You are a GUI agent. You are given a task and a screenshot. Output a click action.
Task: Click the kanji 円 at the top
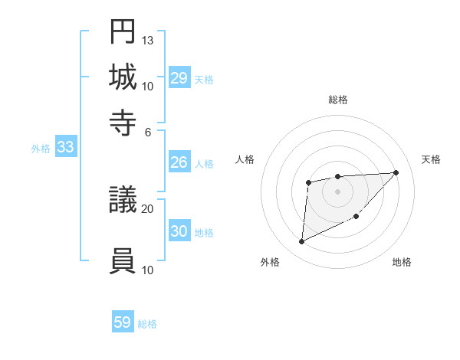point(123,31)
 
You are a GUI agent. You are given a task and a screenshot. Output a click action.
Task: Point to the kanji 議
point(123,201)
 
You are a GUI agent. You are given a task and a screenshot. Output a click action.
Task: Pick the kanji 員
point(123,260)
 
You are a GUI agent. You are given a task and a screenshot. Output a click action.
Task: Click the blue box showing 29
point(179,78)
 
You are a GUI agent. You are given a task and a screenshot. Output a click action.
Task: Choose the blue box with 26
point(179,162)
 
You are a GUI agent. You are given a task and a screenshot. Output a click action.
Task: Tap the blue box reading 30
point(179,231)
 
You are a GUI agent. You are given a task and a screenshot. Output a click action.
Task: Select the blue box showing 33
point(65,148)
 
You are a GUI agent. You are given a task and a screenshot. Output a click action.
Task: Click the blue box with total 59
point(123,322)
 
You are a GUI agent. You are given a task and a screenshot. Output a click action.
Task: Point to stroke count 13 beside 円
point(148,40)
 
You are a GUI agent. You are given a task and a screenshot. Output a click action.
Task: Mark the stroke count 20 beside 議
point(148,208)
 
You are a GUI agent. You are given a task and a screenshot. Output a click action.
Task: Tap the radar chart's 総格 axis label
point(338,100)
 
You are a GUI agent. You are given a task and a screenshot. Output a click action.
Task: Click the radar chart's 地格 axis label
point(402,263)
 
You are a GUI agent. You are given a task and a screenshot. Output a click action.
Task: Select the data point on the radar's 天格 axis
point(396,172)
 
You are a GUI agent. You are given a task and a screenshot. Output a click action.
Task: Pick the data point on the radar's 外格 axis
point(301,242)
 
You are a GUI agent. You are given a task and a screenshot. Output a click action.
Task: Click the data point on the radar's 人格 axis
point(308,182)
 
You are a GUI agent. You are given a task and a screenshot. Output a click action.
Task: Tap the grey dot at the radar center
point(337,191)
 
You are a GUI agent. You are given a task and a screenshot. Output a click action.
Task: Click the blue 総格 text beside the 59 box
point(147,324)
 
